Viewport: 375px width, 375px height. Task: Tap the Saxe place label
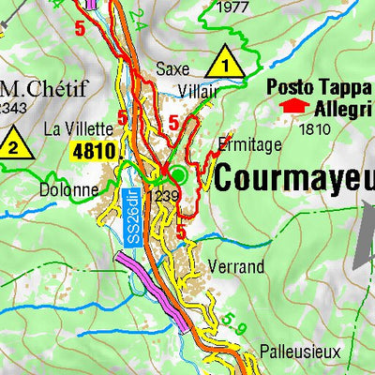(x=172, y=68)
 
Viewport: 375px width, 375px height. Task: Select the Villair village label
(x=199, y=90)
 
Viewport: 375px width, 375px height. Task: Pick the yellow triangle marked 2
(x=13, y=144)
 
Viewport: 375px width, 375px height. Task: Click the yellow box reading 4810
(x=93, y=150)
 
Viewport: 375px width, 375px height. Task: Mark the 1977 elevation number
(x=232, y=8)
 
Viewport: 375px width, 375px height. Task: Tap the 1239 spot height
(x=162, y=195)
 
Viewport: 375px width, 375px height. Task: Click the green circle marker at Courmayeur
(x=180, y=174)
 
